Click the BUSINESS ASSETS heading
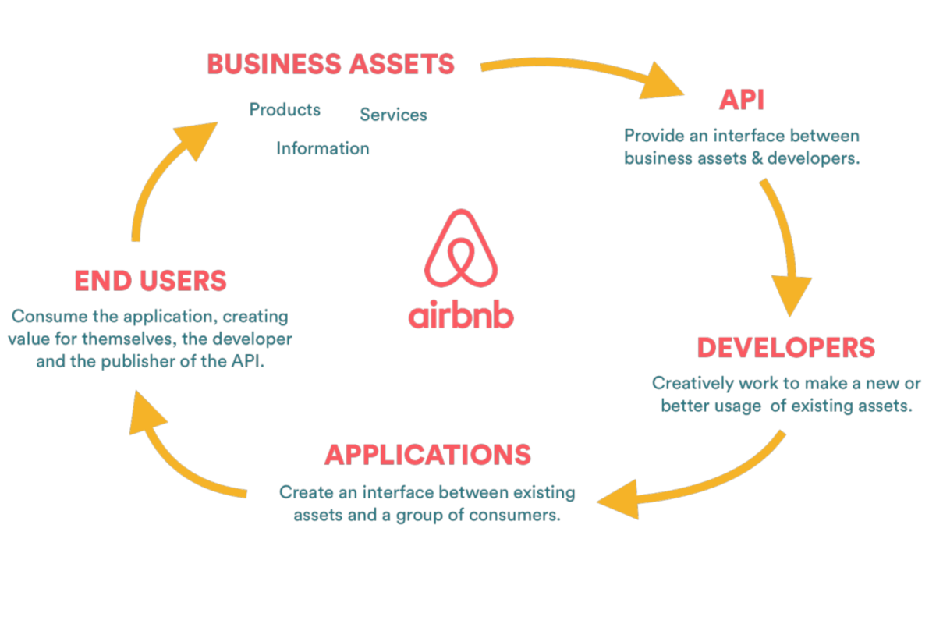pyautogui.click(x=331, y=64)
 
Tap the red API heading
pyautogui.click(x=742, y=100)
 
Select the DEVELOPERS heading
pyautogui.click(x=786, y=348)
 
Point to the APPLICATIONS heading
pyautogui.click(x=428, y=455)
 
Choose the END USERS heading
pyautogui.click(x=151, y=281)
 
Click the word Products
pyautogui.click(x=285, y=109)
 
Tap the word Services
pyautogui.click(x=394, y=115)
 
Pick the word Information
pyautogui.click(x=323, y=148)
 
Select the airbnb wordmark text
pyautogui.click(x=461, y=314)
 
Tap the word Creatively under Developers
pyautogui.click(x=693, y=384)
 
